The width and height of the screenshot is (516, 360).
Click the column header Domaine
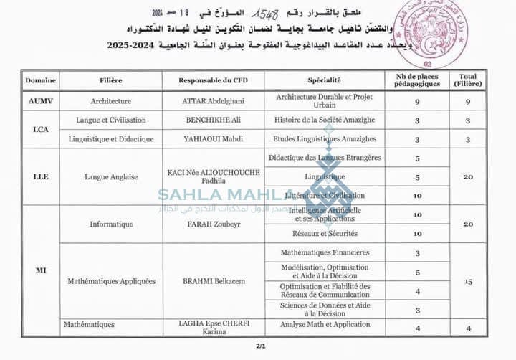(40, 81)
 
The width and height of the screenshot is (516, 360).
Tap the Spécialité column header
(324, 81)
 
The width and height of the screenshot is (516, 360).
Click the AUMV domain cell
(40, 102)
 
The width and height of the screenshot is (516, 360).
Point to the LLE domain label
(40, 176)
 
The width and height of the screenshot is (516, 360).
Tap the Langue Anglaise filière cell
(111, 176)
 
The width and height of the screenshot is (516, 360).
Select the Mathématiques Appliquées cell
(111, 281)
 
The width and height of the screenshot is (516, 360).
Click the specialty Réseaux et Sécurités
(324, 234)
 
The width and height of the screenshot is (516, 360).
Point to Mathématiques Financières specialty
(324, 252)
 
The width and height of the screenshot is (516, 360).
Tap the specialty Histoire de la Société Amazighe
(324, 120)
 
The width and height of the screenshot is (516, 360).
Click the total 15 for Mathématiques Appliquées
(468, 281)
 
